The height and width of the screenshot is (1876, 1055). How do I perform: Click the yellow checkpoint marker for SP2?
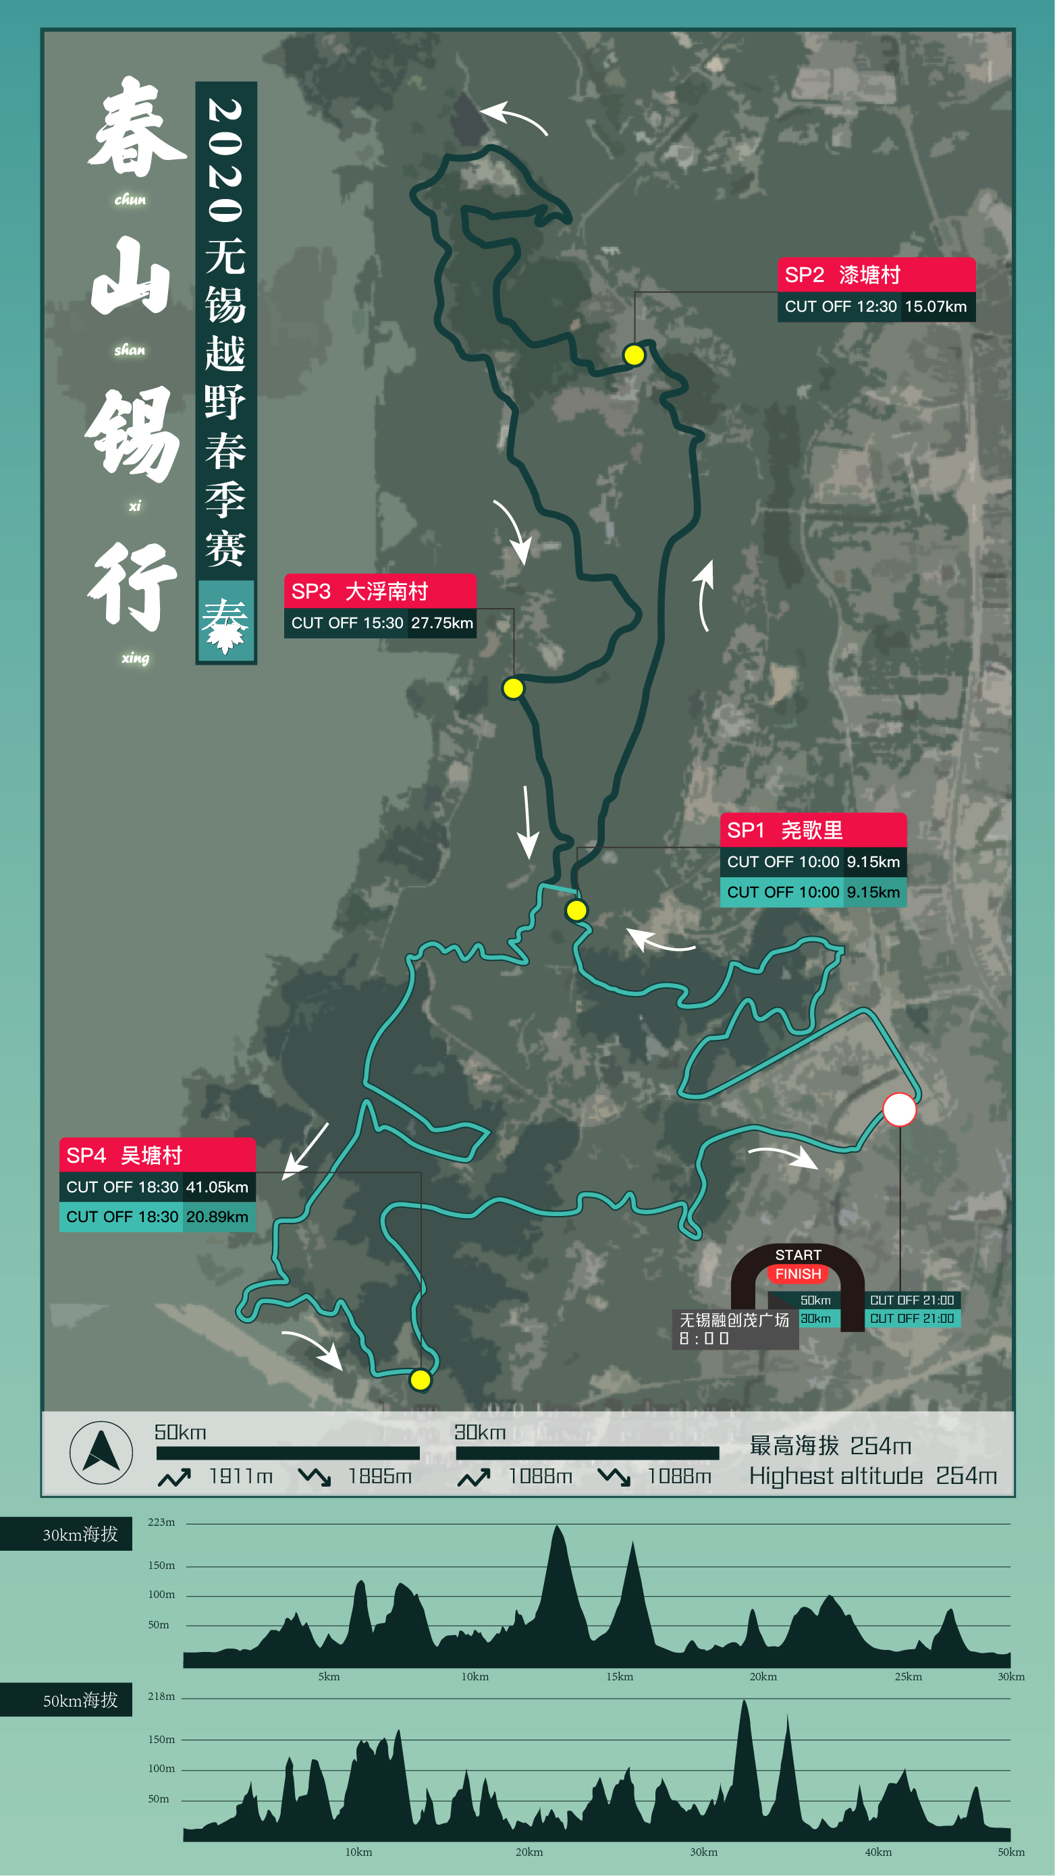[x=634, y=355]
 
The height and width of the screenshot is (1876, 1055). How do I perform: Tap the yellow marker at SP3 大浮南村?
[x=513, y=688]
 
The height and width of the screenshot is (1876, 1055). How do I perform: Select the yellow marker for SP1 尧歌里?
[x=576, y=910]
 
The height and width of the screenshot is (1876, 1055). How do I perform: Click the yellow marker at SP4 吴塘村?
[x=421, y=1379]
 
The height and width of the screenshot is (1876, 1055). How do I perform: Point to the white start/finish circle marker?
[x=899, y=1109]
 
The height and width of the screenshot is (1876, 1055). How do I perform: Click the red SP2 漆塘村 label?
[x=875, y=275]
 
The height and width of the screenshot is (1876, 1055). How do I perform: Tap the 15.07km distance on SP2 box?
[x=936, y=306]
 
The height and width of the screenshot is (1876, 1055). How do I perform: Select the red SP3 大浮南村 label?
[x=379, y=590]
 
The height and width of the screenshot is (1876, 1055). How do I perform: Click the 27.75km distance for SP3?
[x=441, y=623]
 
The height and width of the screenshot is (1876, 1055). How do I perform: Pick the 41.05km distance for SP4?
[x=217, y=1186]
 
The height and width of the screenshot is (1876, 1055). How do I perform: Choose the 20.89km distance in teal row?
[x=217, y=1216]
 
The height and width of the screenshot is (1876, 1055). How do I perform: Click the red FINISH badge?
[x=798, y=1274]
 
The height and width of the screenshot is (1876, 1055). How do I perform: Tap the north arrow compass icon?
[x=101, y=1452]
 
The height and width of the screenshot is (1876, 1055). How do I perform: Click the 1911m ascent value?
[x=240, y=1477]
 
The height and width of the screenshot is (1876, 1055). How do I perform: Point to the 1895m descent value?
[x=379, y=1477]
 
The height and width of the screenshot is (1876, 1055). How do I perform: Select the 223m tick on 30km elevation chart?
[x=161, y=1522]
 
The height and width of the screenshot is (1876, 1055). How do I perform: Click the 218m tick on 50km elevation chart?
[x=161, y=1696]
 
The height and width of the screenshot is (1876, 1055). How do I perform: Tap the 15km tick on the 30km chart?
[x=620, y=1676]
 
